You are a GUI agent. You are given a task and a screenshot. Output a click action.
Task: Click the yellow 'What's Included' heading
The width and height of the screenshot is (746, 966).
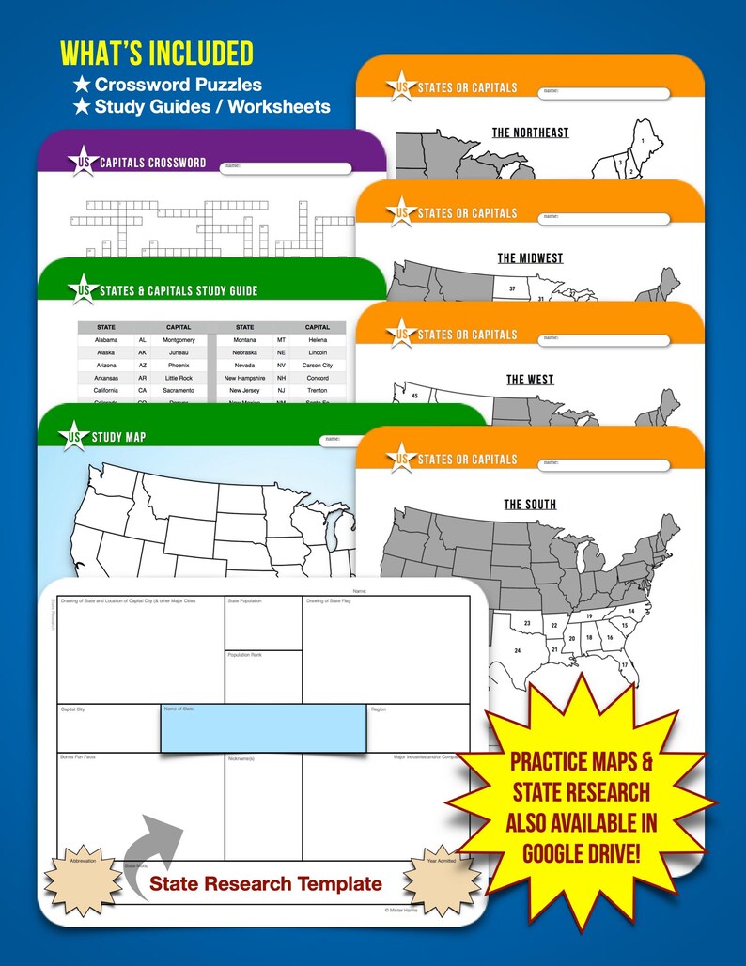[157, 53]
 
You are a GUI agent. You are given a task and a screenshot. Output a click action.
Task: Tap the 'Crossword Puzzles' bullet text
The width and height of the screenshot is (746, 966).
[178, 85]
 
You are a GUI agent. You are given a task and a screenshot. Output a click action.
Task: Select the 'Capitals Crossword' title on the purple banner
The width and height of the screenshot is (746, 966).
[152, 162]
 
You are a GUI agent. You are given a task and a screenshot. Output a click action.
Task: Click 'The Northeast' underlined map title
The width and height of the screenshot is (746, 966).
[530, 132]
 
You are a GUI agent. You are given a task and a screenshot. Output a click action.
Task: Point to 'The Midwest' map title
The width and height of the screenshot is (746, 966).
[530, 257]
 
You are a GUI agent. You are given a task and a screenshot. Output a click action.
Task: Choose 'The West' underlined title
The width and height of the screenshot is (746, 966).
[530, 380]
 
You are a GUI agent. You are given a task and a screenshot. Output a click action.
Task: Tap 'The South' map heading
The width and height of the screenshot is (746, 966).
[530, 505]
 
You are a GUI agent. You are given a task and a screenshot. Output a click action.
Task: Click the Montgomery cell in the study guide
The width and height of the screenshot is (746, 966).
[179, 340]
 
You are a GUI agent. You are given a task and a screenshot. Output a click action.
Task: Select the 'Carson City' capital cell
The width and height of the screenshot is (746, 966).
[318, 365]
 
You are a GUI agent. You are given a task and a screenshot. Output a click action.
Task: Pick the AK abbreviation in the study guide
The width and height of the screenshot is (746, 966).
[142, 352]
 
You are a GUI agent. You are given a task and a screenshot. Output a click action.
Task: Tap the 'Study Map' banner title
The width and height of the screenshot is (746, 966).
[118, 437]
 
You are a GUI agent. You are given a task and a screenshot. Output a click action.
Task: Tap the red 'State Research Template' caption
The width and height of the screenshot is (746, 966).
[266, 883]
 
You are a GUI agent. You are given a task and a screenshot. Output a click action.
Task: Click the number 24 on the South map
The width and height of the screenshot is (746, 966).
[516, 650]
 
